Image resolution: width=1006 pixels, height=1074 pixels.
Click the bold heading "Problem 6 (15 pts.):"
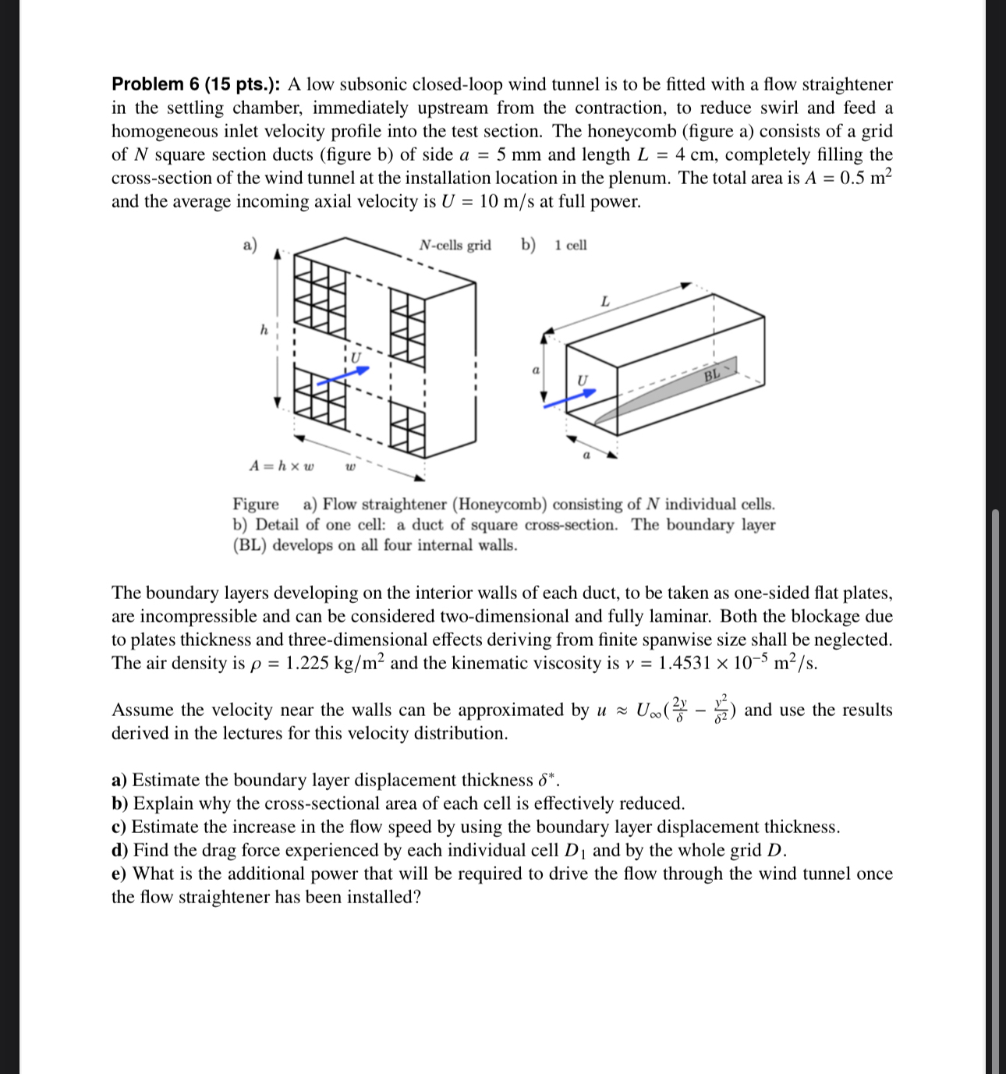197,84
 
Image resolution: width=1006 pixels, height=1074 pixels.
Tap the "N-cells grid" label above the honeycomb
455,245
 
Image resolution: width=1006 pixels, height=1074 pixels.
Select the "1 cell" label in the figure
571,245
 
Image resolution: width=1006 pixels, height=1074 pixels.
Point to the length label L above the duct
604,301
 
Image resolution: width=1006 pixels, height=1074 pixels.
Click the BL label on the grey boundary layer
711,376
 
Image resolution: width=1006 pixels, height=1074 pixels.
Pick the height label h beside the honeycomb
264,330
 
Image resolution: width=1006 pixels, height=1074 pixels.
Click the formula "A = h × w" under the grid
282,466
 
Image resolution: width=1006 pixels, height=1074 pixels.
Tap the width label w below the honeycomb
350,467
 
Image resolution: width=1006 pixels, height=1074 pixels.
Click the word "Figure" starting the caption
256,505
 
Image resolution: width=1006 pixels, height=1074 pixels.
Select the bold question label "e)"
119,874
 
